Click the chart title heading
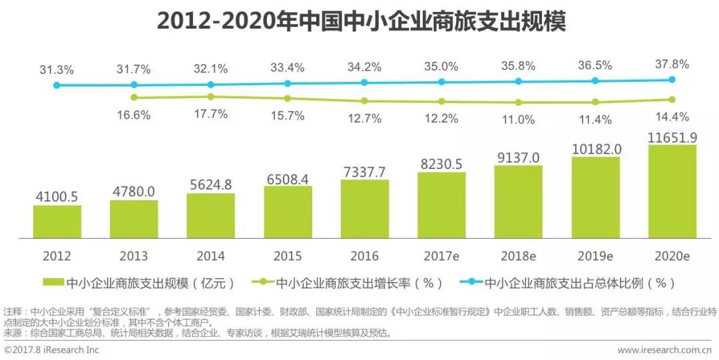[360, 21]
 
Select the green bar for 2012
[57, 222]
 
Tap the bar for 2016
[364, 209]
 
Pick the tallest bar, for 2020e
[672, 192]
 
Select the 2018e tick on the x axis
[518, 256]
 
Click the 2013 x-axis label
[134, 256]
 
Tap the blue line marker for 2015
[288, 84]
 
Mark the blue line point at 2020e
[672, 79]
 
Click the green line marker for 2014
[211, 96]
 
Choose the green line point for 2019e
[595, 102]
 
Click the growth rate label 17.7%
[211, 114]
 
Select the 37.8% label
[672, 65]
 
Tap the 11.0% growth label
[518, 120]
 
